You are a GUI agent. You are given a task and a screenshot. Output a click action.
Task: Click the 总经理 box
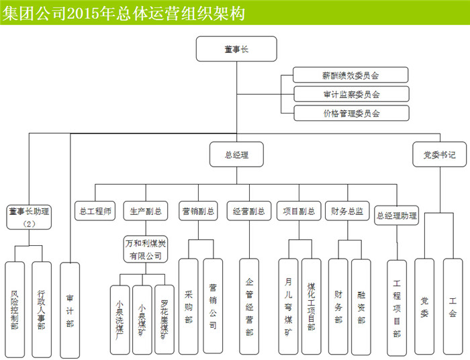click(x=236, y=155)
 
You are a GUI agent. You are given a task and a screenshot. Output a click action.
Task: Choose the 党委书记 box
click(x=438, y=155)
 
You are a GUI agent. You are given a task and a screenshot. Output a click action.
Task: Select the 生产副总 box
click(x=144, y=211)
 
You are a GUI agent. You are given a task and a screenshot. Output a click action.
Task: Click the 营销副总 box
click(x=198, y=211)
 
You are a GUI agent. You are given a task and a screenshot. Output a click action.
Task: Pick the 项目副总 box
click(x=297, y=211)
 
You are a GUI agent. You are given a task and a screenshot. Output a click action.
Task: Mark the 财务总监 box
click(x=346, y=211)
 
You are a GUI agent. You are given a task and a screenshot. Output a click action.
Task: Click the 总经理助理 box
click(x=396, y=216)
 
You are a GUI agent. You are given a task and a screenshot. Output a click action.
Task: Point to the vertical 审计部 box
click(x=70, y=308)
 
